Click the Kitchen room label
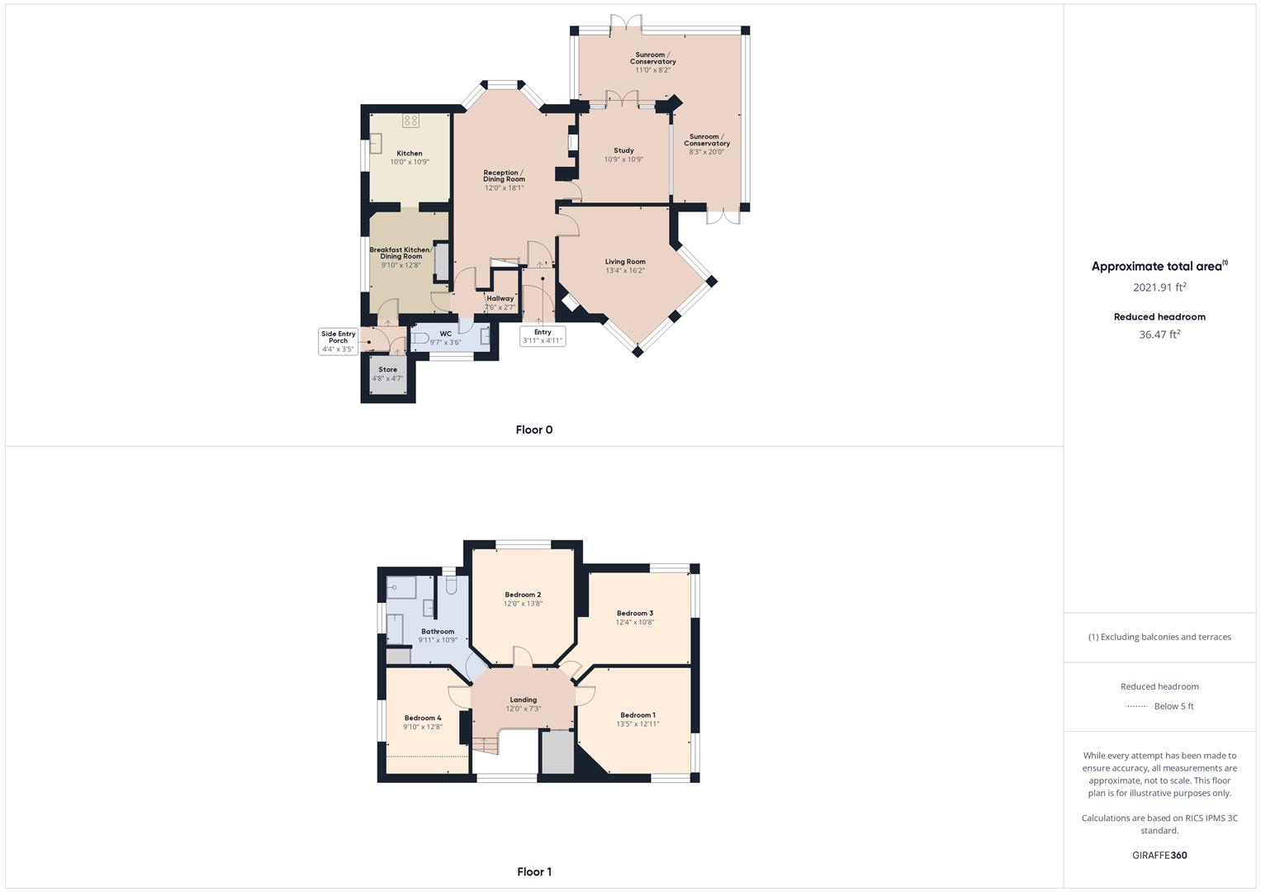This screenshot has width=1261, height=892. point(409,154)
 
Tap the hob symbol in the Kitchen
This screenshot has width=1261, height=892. point(410,121)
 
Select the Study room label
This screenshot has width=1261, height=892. point(623,151)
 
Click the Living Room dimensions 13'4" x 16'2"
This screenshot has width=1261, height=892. point(624,271)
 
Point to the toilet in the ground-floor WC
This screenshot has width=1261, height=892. point(420,339)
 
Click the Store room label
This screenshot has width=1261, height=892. point(387,370)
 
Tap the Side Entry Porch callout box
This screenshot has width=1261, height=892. point(338,341)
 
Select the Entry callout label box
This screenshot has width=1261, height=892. point(543,336)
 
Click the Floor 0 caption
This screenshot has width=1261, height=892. point(533,429)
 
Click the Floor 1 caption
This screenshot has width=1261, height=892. point(533,871)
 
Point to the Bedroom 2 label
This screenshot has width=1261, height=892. point(523,595)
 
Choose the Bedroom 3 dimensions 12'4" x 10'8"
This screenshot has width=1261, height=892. point(634,622)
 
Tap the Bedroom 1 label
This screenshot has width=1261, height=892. point(638,715)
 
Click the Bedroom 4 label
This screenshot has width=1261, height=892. point(422,718)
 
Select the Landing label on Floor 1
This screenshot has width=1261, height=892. point(523,700)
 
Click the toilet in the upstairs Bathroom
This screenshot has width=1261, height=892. point(451,585)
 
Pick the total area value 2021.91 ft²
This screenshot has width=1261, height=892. point(1159,287)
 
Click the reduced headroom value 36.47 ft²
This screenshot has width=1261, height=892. point(1159,334)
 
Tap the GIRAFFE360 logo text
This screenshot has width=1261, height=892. point(1159,856)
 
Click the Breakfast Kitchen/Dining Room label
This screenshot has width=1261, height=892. point(401,253)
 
